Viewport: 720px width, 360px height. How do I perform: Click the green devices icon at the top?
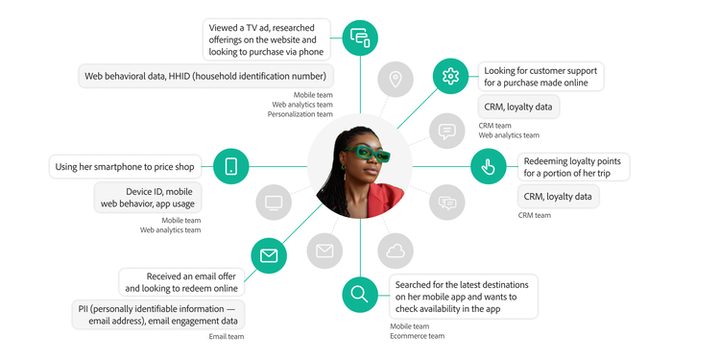click(x=360, y=38)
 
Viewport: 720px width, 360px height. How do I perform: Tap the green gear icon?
click(x=449, y=75)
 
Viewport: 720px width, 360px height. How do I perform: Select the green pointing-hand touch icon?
click(x=488, y=166)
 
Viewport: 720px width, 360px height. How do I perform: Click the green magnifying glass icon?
click(x=360, y=294)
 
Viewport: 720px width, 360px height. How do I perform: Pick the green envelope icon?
click(x=269, y=255)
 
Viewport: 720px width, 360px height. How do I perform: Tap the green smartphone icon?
click(x=231, y=166)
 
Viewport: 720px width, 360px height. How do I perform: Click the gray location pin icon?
click(x=395, y=80)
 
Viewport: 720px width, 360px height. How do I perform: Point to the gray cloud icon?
click(x=395, y=252)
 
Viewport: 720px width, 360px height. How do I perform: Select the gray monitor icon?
click(x=274, y=203)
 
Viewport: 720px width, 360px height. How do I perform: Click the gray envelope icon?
click(x=324, y=252)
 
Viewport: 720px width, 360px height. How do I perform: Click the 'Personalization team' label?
click(x=299, y=114)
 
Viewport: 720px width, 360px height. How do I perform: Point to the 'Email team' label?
click(x=227, y=336)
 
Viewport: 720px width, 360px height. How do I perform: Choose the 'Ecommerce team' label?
click(x=417, y=336)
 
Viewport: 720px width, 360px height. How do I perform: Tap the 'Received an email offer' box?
click(x=180, y=282)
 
